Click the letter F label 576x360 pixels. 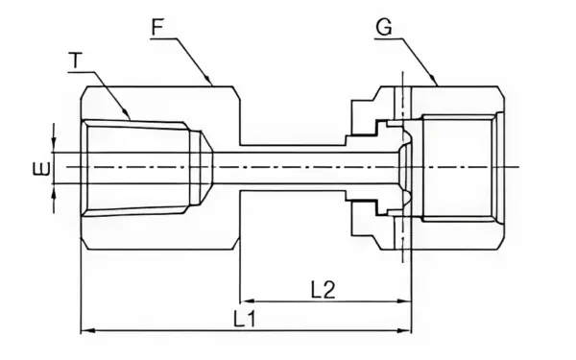click(x=157, y=26)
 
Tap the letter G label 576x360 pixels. click(x=384, y=26)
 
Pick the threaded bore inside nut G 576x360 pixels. click(x=459, y=167)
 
